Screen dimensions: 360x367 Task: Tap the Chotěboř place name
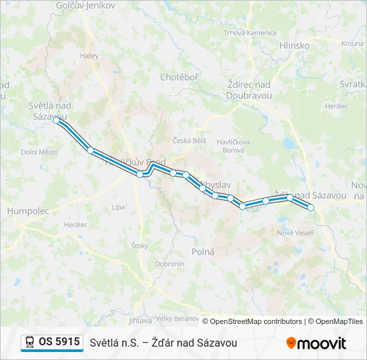(179, 77)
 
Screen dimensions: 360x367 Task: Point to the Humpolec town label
(28, 211)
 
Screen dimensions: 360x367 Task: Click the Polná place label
(203, 251)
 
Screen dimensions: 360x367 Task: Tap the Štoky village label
(139, 246)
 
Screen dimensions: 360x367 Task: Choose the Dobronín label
(169, 263)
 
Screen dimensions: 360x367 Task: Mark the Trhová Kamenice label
(250, 33)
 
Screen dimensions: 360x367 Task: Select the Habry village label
(89, 56)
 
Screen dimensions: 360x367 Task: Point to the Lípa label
(118, 207)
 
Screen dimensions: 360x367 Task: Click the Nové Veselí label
(295, 232)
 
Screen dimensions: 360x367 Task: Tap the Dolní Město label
(39, 152)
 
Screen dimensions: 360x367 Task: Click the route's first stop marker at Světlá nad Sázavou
(57, 121)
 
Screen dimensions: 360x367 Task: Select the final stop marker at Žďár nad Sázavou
(310, 207)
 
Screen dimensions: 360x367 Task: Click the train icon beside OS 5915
(29, 342)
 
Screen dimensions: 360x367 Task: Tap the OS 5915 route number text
(59, 342)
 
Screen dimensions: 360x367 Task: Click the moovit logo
(316, 343)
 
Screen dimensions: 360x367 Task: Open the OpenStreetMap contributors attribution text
(252, 321)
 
